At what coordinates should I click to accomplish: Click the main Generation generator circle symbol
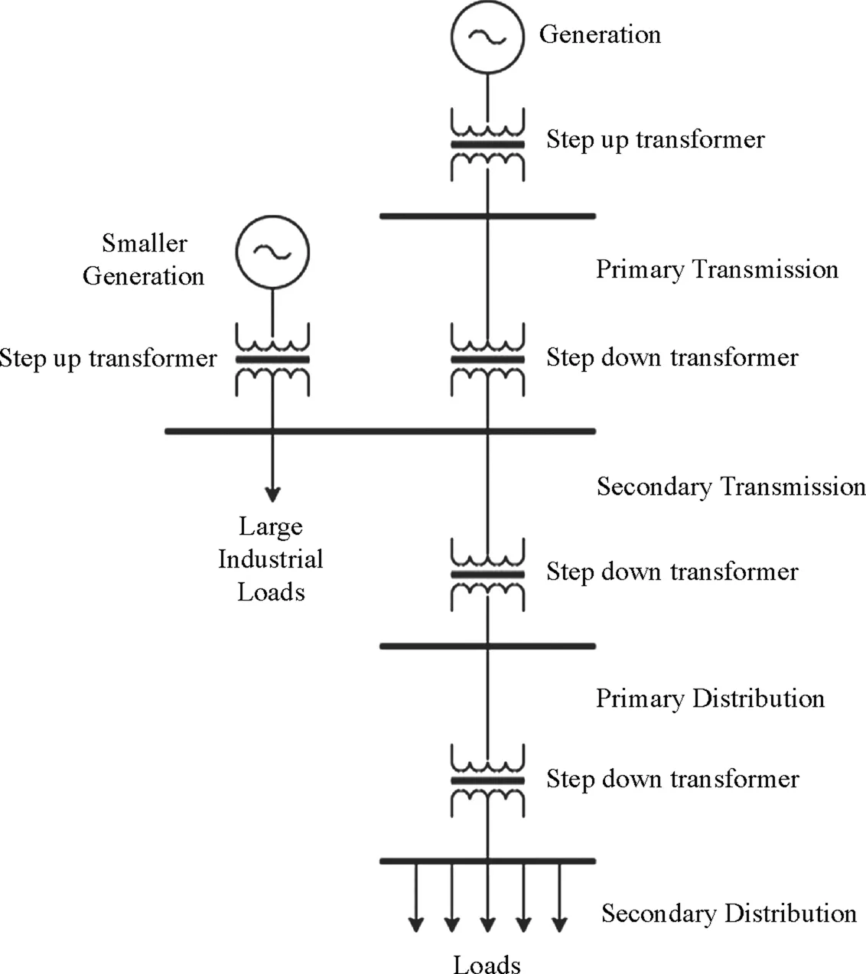(487, 35)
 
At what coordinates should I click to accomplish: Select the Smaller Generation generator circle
(272, 251)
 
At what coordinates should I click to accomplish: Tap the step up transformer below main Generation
(487, 144)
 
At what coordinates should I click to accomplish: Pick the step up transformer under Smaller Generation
(272, 359)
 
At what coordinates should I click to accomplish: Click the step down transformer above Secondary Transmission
(487, 359)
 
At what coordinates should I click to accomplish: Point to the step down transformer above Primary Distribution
(487, 574)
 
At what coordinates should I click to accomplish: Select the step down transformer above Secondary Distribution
(487, 780)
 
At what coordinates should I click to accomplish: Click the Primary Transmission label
(717, 269)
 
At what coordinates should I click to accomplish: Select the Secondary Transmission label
(731, 487)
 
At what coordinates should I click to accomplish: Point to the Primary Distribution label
(710, 699)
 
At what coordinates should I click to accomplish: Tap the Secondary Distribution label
(728, 914)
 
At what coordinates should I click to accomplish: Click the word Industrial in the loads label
(271, 559)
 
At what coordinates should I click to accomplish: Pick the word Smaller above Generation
(145, 243)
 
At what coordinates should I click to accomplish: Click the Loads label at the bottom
(487, 964)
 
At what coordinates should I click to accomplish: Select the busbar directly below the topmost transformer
(487, 217)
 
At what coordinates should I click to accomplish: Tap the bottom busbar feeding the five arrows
(487, 862)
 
